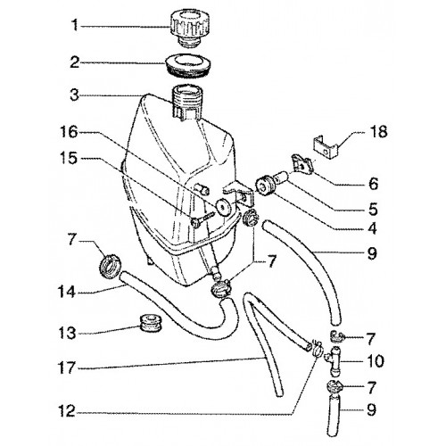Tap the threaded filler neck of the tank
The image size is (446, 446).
[186, 102]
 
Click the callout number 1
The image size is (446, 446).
[75, 26]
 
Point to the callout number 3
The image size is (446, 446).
[75, 95]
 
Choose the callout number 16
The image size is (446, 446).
[70, 132]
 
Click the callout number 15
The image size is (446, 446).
[69, 158]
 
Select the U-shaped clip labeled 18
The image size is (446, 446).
[326, 146]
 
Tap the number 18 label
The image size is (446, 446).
[379, 131]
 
